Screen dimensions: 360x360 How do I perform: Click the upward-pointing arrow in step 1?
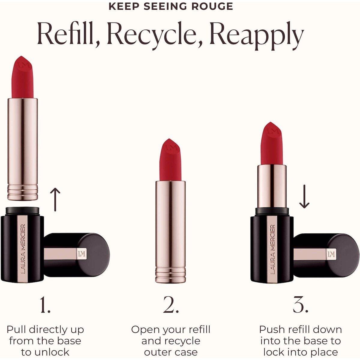pos(55,199)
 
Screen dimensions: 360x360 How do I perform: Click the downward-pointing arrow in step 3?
pos(304,196)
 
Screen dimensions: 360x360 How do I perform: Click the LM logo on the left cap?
pos(82,254)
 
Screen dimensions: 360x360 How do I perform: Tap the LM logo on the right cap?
pos(331,254)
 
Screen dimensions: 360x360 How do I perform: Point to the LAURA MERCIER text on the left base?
pos(22,249)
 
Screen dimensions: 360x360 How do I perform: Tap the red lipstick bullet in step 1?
pos(22,77)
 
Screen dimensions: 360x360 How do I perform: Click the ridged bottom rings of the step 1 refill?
pos(22,193)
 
